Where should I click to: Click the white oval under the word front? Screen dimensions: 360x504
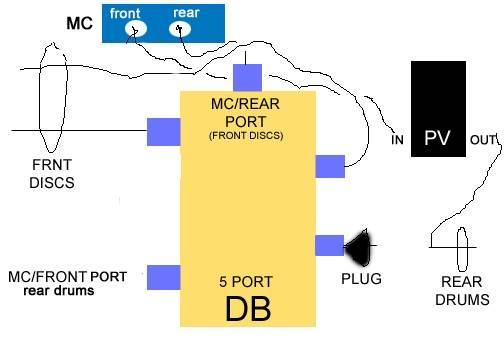134,31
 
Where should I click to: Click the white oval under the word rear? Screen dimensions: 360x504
181,30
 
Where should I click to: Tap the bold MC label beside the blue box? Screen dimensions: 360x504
79,21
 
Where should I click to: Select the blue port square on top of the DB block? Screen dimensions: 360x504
247,77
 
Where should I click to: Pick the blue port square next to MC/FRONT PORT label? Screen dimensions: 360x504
163,277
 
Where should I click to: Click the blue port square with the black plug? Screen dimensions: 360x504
329,245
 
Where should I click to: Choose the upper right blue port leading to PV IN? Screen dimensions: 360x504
329,166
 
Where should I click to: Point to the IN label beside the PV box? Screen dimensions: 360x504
397,140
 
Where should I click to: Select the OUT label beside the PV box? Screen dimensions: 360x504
483,140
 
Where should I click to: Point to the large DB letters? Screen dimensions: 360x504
247,308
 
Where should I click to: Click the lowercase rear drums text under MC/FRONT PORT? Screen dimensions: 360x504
60,291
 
